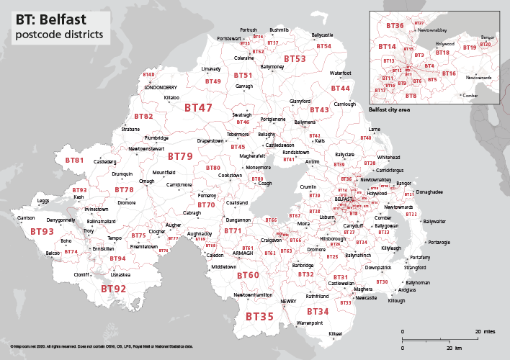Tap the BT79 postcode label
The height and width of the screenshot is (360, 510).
click(180, 156)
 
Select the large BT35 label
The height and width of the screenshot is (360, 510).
click(259, 315)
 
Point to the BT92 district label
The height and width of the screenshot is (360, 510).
click(113, 289)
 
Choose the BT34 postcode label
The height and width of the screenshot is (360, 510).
click(318, 311)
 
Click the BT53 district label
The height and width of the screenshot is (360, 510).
click(295, 58)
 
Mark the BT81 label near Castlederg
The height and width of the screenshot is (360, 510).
click(74, 161)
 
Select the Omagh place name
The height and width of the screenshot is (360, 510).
click(147, 181)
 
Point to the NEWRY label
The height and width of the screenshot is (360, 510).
click(288, 301)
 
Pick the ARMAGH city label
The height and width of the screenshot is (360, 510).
click(243, 253)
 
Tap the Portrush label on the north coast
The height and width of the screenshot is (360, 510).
click(248, 30)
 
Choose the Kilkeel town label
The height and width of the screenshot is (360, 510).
click(336, 334)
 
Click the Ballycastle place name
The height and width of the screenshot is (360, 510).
click(322, 35)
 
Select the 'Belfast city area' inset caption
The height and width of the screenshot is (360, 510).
click(389, 109)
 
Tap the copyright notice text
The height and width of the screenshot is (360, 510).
click(102, 346)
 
